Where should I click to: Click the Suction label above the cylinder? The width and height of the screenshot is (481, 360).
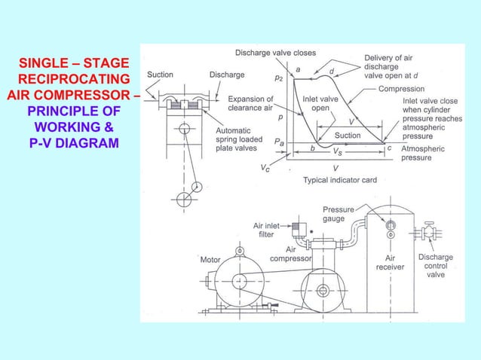(x=160, y=75)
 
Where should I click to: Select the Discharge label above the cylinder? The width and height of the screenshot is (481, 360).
(x=226, y=75)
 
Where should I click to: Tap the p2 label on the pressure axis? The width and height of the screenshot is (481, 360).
(x=279, y=77)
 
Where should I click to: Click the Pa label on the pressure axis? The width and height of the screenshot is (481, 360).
(x=280, y=142)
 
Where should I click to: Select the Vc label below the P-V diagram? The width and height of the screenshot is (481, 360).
(x=265, y=169)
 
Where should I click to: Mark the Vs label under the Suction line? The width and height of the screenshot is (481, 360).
(x=341, y=151)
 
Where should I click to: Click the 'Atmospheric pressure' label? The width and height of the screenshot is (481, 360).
(x=423, y=154)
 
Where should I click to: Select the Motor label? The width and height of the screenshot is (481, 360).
(x=210, y=260)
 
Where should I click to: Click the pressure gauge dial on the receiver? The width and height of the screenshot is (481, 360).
(x=391, y=224)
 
